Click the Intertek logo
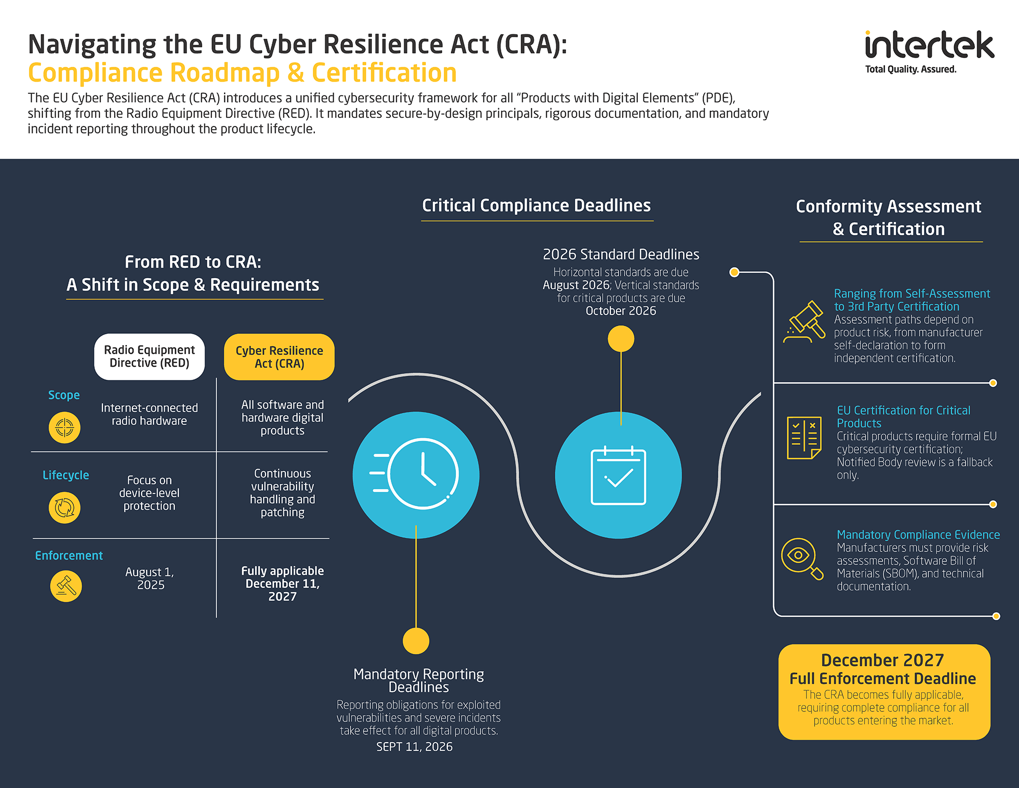click(x=929, y=51)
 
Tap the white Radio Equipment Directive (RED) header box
click(x=149, y=357)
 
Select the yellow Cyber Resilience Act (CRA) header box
click(x=279, y=357)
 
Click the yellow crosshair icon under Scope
click(x=65, y=428)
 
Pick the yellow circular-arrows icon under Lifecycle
click(x=65, y=508)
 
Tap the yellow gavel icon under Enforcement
click(x=66, y=586)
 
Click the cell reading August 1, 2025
click(x=150, y=579)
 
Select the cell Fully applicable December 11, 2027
click(x=282, y=584)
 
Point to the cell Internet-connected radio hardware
click(x=149, y=414)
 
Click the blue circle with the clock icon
click(x=416, y=475)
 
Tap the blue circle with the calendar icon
click(x=618, y=475)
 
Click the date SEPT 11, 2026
click(x=414, y=747)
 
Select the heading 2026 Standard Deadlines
click(x=621, y=254)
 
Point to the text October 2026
click(x=621, y=311)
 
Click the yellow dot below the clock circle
click(x=416, y=641)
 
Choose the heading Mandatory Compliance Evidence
click(x=918, y=535)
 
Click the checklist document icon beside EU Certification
click(x=804, y=437)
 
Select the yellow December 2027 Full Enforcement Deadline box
click(x=884, y=692)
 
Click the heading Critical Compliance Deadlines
click(x=537, y=205)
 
